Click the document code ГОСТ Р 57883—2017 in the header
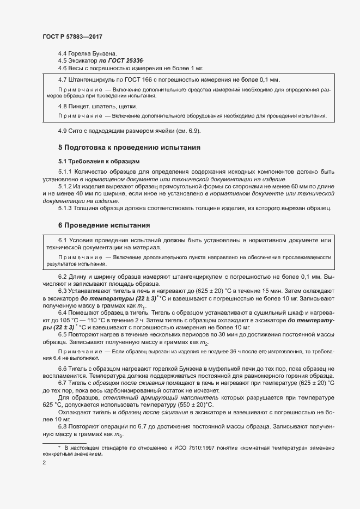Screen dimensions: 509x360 72,36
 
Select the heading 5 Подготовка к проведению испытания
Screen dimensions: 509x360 130,147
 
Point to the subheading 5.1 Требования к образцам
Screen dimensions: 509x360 99,161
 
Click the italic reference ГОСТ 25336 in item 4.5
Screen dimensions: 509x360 113,61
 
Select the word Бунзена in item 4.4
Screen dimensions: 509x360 105,53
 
